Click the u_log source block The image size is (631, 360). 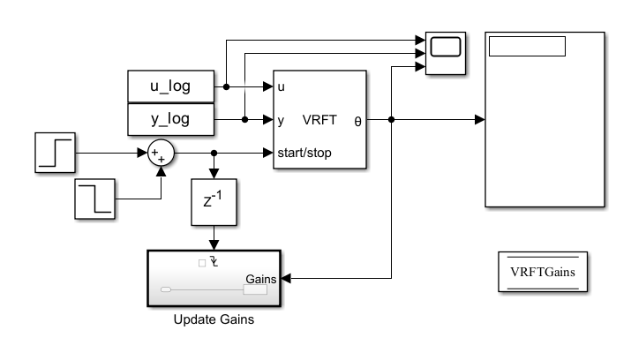(x=171, y=86)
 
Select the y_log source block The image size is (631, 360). (x=171, y=119)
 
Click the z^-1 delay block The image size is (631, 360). (x=213, y=204)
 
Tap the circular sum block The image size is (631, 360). (x=161, y=154)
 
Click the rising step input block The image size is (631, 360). (x=56, y=153)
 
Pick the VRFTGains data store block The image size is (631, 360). (x=543, y=272)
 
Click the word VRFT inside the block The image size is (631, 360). (x=316, y=119)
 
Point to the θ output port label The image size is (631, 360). (x=357, y=119)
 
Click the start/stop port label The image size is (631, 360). (x=307, y=153)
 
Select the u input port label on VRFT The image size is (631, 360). (x=281, y=86)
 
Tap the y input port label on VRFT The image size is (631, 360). (x=281, y=119)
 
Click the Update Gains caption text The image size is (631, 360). (x=213, y=319)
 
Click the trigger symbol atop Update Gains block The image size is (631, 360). (x=214, y=262)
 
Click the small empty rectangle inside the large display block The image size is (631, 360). (x=528, y=48)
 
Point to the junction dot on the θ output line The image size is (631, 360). (x=391, y=119)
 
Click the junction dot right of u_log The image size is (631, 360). (x=227, y=86)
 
